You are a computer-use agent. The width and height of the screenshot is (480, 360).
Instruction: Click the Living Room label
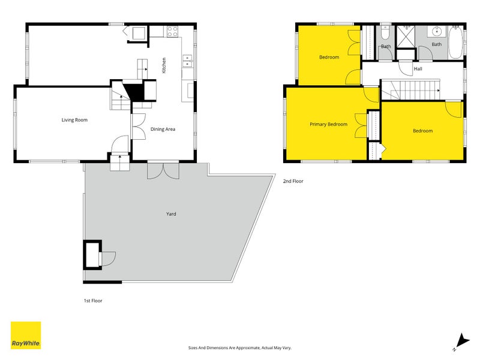tap(74, 120)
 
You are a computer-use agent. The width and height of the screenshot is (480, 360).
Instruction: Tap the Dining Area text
tap(163, 129)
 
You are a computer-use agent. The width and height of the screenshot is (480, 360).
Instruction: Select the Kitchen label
tap(164, 66)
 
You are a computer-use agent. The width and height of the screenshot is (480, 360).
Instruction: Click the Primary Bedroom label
tap(328, 124)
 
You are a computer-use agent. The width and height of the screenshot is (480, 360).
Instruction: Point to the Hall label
tap(418, 69)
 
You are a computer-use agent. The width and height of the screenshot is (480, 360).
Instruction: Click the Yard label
tap(171, 214)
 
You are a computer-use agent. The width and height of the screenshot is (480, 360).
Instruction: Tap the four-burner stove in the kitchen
tap(172, 31)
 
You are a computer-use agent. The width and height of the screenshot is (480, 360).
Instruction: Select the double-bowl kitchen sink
tap(187, 61)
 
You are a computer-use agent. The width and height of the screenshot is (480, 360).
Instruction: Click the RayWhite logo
tap(26, 335)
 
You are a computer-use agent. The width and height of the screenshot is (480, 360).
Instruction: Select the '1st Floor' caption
tap(93, 301)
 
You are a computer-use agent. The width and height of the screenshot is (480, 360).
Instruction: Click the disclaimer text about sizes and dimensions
tap(240, 347)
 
